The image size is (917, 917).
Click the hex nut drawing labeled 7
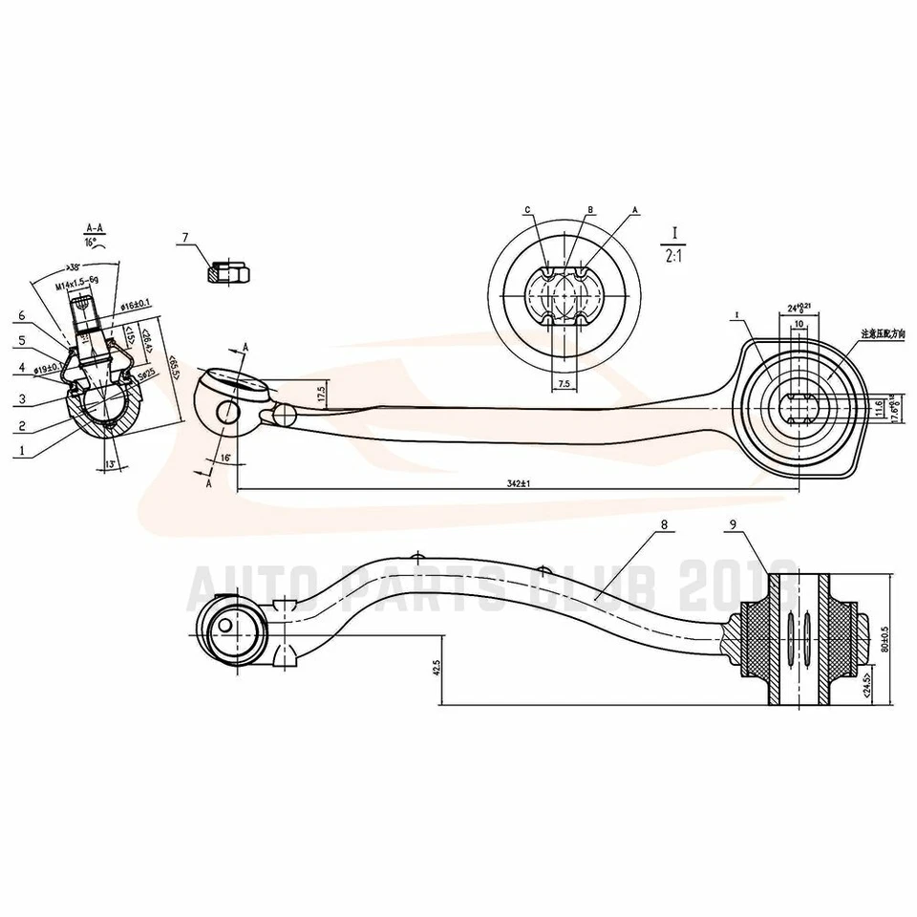point(228,272)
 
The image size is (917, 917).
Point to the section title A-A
point(95,228)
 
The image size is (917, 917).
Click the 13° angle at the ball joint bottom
point(111,464)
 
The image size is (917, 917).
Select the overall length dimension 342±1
point(517,483)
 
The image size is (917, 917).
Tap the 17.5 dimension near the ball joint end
point(321,393)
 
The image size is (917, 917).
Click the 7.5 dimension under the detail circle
point(564,384)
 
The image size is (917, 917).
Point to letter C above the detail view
point(526,209)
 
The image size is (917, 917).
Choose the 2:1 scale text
point(673,255)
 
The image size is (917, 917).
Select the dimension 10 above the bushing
point(797,324)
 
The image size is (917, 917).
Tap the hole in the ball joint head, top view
point(227,414)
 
